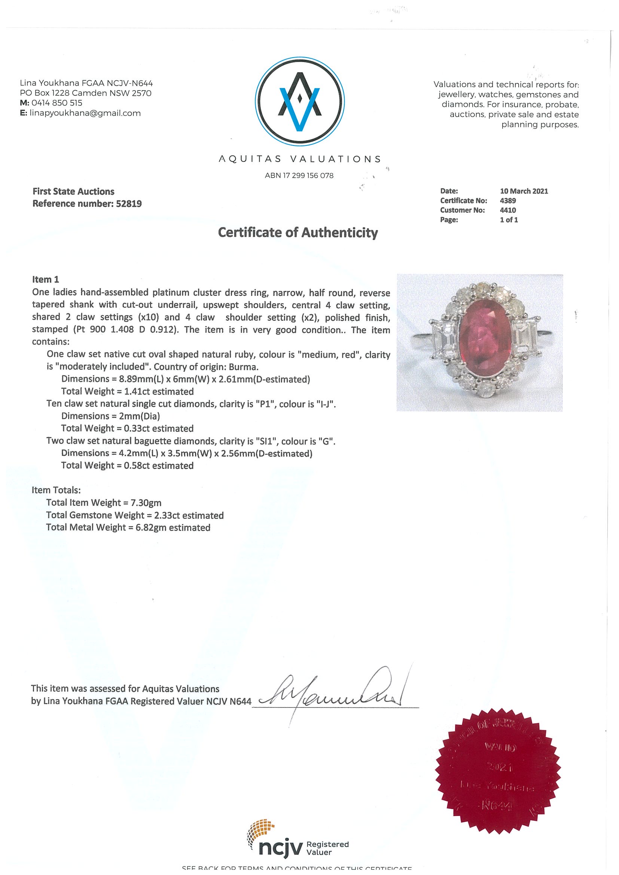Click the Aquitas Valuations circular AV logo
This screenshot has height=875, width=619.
pyautogui.click(x=299, y=102)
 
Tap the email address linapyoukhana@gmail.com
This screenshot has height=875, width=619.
pyautogui.click(x=85, y=113)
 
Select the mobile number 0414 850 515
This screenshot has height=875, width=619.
pyautogui.click(x=57, y=103)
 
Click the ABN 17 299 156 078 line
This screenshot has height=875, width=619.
pyautogui.click(x=299, y=176)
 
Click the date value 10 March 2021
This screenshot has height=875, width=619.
pyautogui.click(x=524, y=191)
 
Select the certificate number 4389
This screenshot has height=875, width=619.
pyautogui.click(x=507, y=201)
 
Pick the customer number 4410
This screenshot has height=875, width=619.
pyautogui.click(x=507, y=211)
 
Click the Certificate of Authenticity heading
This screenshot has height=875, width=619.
pyautogui.click(x=298, y=233)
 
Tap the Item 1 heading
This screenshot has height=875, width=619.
pyautogui.click(x=45, y=279)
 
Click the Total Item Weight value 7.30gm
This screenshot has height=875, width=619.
pyautogui.click(x=146, y=503)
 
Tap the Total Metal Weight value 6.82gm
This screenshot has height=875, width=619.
pyautogui.click(x=152, y=528)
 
